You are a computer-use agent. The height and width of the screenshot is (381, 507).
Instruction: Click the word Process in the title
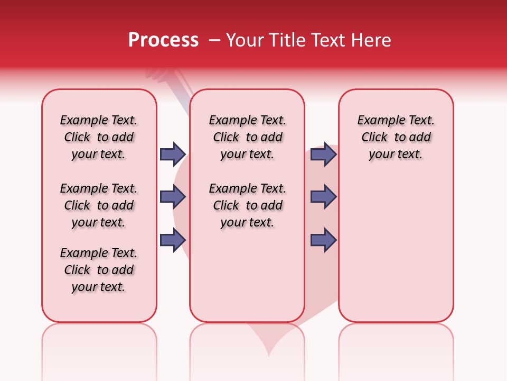click(163, 40)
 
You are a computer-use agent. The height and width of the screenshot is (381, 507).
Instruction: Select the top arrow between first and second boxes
click(173, 154)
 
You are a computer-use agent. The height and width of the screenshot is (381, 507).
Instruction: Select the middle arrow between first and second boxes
click(173, 197)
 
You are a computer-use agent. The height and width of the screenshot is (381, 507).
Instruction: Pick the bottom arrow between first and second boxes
click(173, 240)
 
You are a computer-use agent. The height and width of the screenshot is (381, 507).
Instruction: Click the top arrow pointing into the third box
click(323, 154)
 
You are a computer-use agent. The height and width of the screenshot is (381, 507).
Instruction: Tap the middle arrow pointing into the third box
click(323, 197)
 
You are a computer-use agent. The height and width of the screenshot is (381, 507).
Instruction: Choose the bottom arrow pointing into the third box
click(323, 240)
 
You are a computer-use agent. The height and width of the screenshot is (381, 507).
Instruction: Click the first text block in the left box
click(99, 137)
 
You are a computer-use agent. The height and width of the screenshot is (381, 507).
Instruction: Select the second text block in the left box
click(99, 205)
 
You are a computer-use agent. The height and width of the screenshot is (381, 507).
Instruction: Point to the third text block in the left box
click(99, 270)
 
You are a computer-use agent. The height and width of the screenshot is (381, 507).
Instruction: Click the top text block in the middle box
click(247, 137)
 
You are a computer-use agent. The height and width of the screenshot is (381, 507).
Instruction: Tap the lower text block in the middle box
click(247, 205)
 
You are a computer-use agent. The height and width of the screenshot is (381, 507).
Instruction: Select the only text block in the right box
click(396, 137)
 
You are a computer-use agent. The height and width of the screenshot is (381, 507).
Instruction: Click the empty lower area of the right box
click(396, 254)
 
